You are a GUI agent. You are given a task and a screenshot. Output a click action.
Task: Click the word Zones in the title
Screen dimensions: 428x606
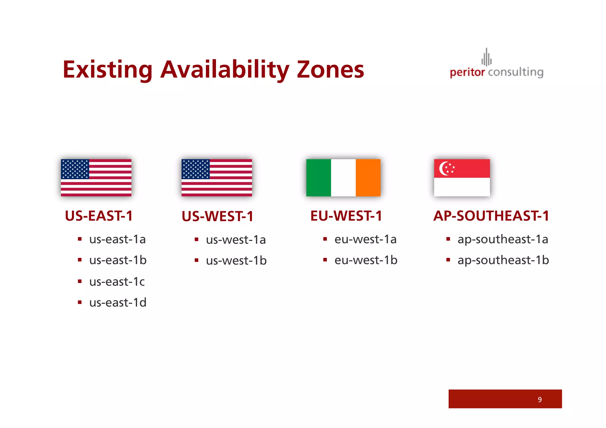330,70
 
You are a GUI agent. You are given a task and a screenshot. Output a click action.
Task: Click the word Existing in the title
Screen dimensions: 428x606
108,70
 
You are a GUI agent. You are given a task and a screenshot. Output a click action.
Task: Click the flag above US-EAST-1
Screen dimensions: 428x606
96,177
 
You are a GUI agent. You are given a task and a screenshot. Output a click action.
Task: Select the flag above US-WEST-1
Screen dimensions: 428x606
217,177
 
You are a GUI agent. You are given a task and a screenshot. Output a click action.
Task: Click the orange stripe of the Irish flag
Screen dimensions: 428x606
368,177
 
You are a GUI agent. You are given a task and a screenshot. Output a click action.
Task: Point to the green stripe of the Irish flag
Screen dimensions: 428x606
318,177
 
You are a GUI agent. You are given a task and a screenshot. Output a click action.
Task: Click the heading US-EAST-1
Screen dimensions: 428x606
99,216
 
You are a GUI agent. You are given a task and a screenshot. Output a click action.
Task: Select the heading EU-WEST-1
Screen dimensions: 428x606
346,216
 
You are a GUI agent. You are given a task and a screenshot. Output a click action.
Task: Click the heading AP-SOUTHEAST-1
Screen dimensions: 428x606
491,216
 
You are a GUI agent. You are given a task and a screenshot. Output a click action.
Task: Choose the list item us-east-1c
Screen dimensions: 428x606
117,282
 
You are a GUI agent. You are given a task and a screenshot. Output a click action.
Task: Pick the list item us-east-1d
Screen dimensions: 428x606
118,302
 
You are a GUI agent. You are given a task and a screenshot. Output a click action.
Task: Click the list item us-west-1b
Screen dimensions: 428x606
236,260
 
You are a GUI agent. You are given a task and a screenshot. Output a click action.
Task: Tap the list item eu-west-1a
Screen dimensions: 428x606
365,239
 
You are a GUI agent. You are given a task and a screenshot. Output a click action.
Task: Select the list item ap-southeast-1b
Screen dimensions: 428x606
503,260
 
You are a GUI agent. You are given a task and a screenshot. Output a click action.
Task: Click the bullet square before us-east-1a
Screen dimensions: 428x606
80,239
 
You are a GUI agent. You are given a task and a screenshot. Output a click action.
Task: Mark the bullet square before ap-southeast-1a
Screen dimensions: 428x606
448,239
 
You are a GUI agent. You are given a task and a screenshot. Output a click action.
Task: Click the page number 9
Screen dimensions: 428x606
539,400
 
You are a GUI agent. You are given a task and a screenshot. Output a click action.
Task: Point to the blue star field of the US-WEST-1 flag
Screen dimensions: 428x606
196,169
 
